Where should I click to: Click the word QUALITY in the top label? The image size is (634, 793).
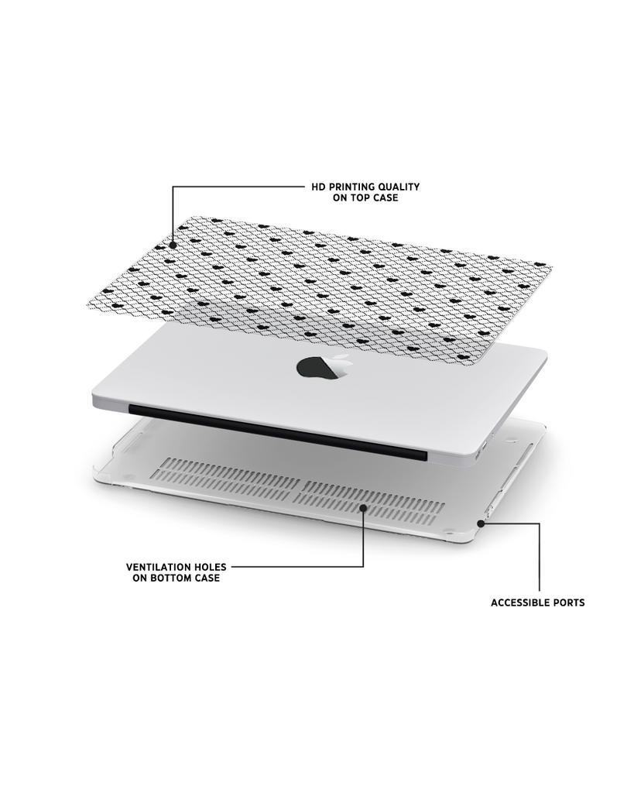pyautogui.click(x=401, y=187)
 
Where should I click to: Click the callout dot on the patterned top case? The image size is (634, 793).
pyautogui.click(x=173, y=245)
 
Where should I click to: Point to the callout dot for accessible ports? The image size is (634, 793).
pyautogui.click(x=480, y=524)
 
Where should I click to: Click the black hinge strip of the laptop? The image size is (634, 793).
pyautogui.click(x=278, y=431)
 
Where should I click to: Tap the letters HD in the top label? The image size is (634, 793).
pyautogui.click(x=317, y=187)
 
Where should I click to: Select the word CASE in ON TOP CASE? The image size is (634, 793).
pyautogui.click(x=386, y=197)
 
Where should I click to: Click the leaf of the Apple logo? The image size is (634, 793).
pyautogui.click(x=342, y=357)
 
